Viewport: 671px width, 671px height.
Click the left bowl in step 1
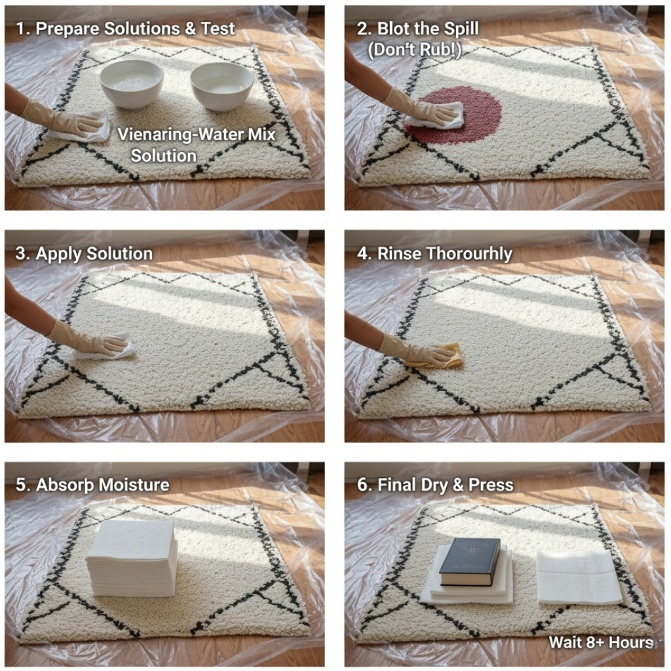pyautogui.click(x=131, y=84)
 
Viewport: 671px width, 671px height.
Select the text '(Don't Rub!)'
pyautogui.click(x=413, y=50)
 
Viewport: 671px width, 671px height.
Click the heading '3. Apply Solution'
pyautogui.click(x=84, y=254)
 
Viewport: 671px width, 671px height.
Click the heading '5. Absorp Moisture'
pyautogui.click(x=92, y=485)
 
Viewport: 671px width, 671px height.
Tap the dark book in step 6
pyautogui.click(x=469, y=561)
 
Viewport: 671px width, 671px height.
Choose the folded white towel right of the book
pyautogui.click(x=578, y=577)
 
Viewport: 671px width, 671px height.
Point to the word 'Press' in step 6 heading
pyautogui.click(x=492, y=485)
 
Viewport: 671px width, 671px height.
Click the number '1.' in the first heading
pyautogui.click(x=22, y=28)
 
